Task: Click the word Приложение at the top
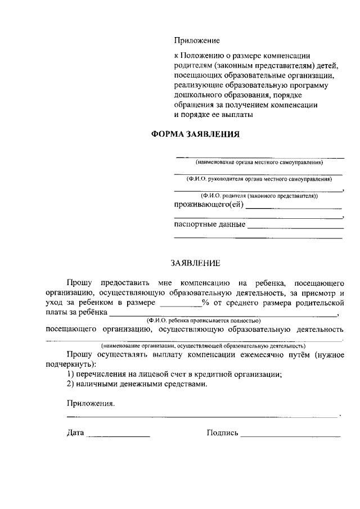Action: pos(196,40)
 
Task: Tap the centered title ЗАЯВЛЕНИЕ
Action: pos(196,263)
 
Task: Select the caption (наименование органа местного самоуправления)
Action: pos(259,163)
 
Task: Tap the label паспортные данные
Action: pos(210,225)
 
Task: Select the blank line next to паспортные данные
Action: pos(295,228)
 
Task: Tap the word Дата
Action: pos(75,433)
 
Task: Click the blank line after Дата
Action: pos(119,436)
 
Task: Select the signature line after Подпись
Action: pos(290,436)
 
